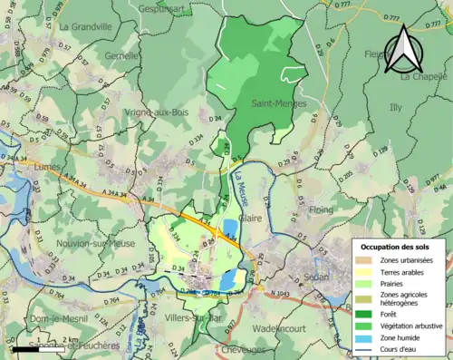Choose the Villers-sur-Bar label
tap(197, 317)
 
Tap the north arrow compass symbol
tap(402, 49)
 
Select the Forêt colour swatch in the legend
tap(369, 313)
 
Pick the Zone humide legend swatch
tap(369, 338)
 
